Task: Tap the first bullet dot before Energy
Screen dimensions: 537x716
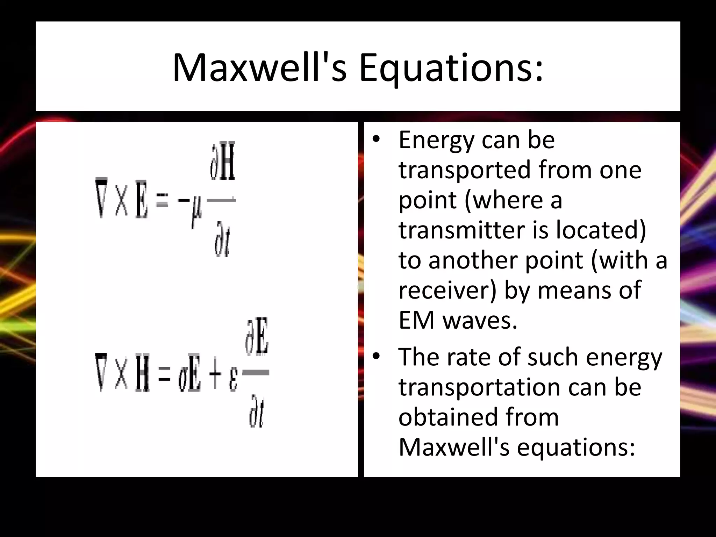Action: coord(376,139)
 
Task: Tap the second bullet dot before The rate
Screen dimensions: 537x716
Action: coord(376,356)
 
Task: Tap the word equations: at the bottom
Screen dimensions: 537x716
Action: coord(575,447)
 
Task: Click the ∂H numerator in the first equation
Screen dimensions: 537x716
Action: coord(222,161)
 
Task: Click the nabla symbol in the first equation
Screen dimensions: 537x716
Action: coord(101,198)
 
